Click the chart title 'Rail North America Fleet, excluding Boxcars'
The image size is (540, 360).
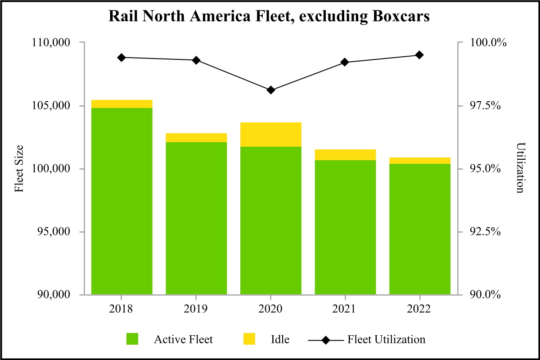click(270, 17)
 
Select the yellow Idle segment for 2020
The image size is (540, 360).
click(270, 134)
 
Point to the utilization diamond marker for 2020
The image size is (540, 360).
click(270, 90)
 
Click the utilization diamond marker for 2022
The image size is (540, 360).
click(419, 55)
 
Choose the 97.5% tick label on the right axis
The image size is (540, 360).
click(487, 106)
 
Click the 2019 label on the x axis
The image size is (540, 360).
click(196, 310)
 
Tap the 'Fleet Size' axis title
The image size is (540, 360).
click(19, 169)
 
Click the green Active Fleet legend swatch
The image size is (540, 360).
click(132, 339)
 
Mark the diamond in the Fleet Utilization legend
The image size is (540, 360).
click(326, 339)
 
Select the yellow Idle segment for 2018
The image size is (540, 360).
click(121, 104)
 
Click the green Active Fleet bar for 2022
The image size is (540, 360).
click(419, 229)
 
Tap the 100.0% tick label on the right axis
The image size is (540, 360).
click(487, 43)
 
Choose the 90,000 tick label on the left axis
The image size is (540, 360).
click(51, 295)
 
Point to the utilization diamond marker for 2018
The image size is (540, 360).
click(121, 58)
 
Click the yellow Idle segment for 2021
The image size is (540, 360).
click(345, 154)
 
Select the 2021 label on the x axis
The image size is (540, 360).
click(345, 310)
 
